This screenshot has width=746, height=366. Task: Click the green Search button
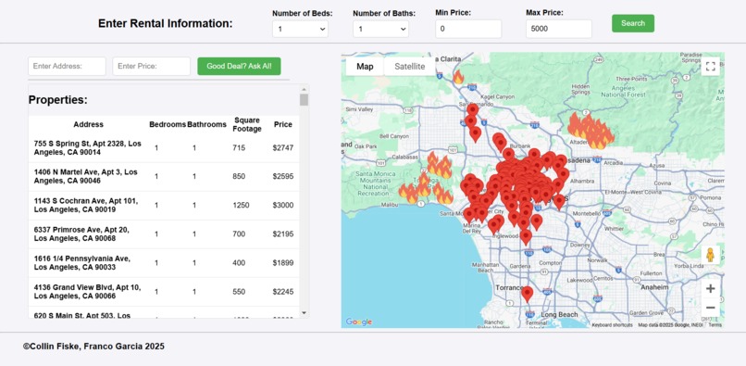[x=632, y=23]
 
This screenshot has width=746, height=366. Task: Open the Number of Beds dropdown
[x=301, y=30]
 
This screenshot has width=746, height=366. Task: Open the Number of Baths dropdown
[x=380, y=30]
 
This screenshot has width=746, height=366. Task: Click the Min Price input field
[x=467, y=30]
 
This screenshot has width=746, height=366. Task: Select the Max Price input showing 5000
[x=558, y=30]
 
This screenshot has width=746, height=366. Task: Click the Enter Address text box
[x=68, y=67]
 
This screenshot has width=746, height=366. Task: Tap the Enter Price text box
[x=152, y=67]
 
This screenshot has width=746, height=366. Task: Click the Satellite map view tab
[x=409, y=67]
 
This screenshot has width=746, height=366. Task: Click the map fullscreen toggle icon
[x=710, y=67]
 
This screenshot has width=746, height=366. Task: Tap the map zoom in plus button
[x=710, y=288]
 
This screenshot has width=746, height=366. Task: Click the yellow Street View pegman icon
[x=710, y=255]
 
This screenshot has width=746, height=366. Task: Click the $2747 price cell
[x=282, y=148]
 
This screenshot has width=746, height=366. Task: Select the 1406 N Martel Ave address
[x=86, y=177]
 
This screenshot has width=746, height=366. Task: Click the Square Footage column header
[x=247, y=124]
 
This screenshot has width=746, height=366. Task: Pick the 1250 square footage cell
[x=239, y=206]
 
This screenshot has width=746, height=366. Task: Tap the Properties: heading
[x=57, y=100]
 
